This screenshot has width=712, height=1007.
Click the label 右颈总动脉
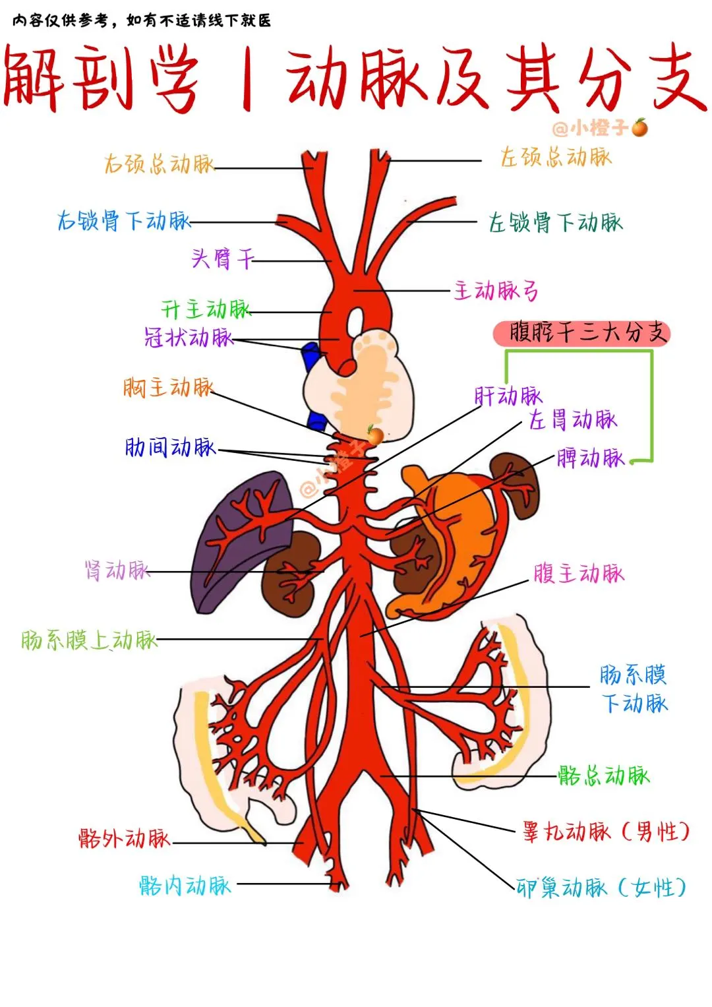[160, 164]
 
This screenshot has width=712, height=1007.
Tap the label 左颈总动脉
[556, 158]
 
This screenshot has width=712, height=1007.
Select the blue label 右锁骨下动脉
[123, 220]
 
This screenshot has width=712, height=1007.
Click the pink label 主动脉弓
[496, 290]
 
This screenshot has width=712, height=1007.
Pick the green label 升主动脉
[206, 309]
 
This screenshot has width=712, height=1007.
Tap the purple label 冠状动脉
[189, 338]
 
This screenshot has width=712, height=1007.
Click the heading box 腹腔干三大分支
[581, 333]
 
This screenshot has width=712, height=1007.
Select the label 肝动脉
[508, 396]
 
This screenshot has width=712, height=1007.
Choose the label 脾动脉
[590, 457]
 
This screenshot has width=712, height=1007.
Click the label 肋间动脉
[170, 447]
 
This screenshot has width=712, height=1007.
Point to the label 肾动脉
[117, 570]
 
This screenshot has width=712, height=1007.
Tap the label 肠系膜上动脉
[89, 639]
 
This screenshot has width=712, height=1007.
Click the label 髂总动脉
[603, 775]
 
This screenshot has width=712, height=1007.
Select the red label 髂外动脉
[124, 838]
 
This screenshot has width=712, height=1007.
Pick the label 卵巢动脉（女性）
[601, 888]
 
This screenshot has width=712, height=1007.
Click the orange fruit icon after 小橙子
[639, 127]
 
